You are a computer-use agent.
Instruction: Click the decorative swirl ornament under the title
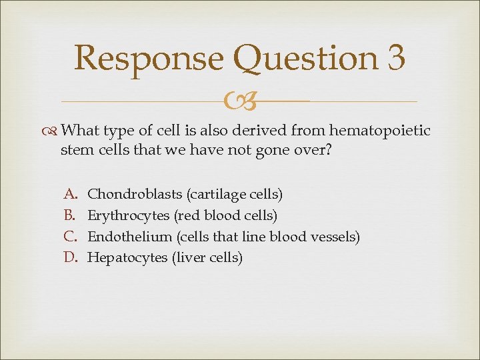239,102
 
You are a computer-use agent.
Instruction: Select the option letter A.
69,195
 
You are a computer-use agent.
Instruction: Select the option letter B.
69,215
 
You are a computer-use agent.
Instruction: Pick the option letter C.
69,236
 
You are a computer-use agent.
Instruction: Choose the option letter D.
70,257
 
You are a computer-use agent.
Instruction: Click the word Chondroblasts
135,195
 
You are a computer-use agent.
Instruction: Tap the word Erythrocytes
129,215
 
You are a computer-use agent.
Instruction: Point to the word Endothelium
129,236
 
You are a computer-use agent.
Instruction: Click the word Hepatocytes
128,257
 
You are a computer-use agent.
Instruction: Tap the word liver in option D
188,257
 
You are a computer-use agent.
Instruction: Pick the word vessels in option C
338,236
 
